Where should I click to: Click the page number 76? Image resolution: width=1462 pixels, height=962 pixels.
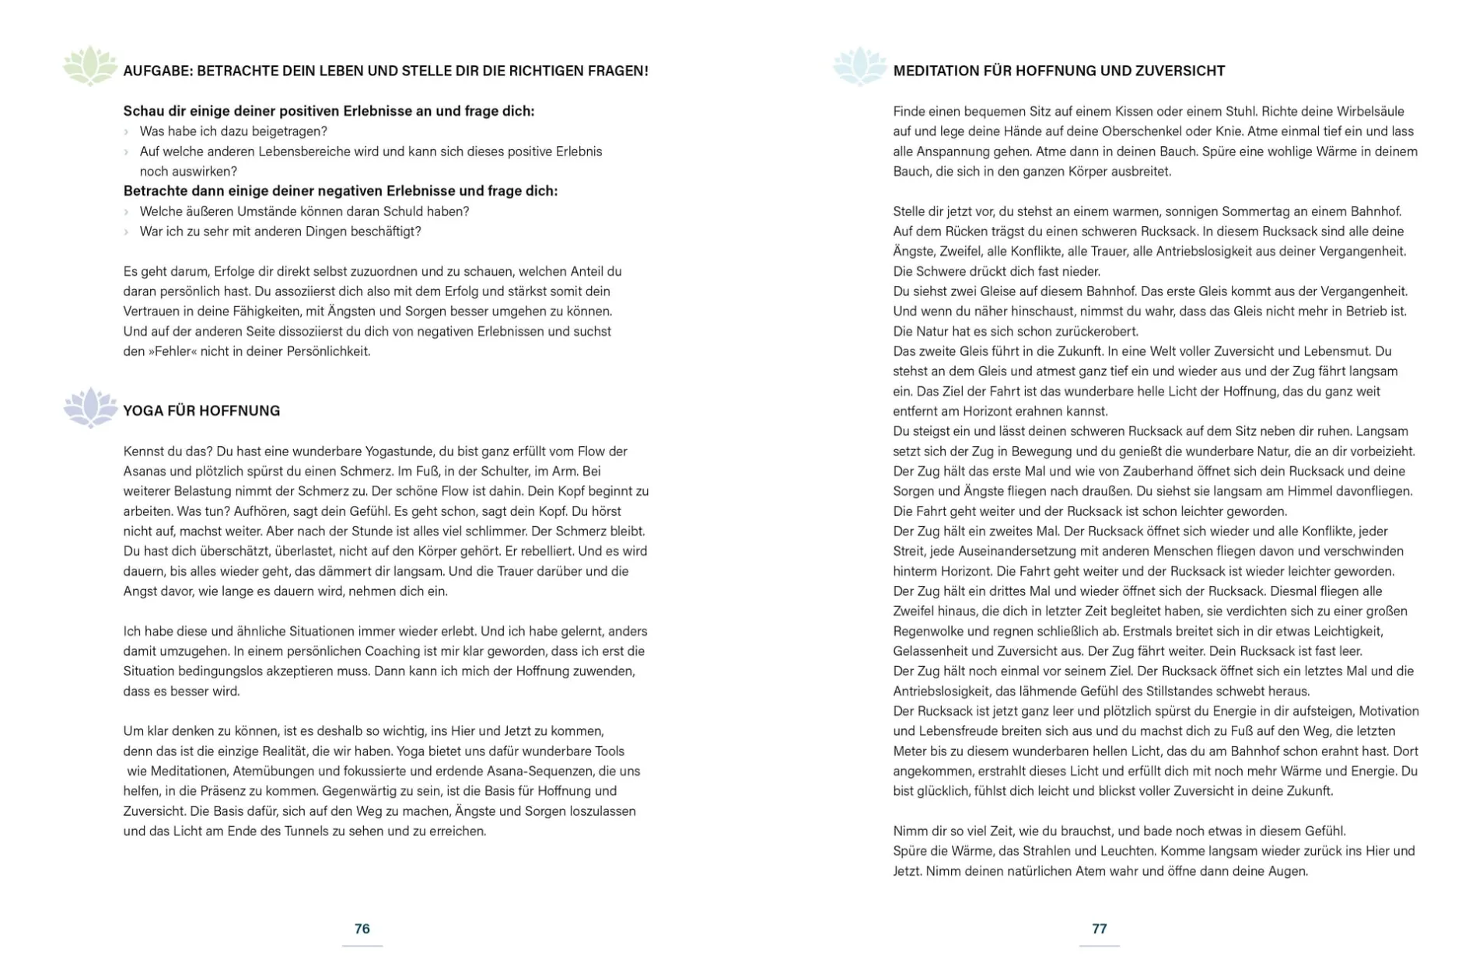tap(362, 928)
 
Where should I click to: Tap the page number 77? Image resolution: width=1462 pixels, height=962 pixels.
tap(1099, 928)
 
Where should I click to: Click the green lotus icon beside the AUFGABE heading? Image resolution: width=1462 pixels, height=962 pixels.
tap(89, 65)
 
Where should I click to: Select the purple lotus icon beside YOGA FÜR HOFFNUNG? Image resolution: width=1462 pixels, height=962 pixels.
tap(90, 407)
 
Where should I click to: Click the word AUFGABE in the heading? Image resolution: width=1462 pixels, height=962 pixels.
tap(156, 71)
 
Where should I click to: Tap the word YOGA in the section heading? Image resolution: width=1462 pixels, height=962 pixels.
tap(142, 410)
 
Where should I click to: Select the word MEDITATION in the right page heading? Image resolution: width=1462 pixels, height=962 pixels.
tap(936, 71)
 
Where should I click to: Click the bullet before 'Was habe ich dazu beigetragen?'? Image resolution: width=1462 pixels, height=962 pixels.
tap(127, 132)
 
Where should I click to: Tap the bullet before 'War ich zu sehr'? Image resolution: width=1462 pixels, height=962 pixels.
tap(127, 232)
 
